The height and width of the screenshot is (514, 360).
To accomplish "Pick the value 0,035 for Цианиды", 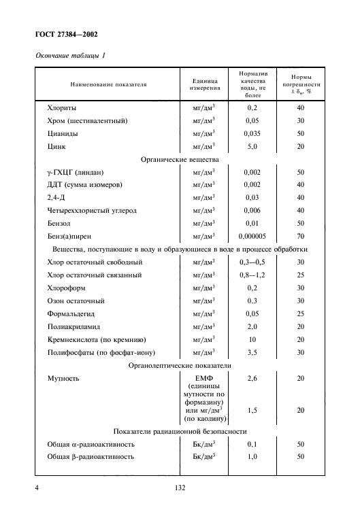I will coord(252,133).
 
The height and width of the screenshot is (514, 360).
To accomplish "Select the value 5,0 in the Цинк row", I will coord(252,146).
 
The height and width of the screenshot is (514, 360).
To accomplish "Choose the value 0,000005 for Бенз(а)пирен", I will coord(252,236).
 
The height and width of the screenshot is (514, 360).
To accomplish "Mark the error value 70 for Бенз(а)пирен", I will coord(299,236).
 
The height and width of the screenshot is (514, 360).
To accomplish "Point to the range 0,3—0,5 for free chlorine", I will coord(252,262).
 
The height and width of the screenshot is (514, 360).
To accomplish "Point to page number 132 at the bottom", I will coord(180,487).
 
